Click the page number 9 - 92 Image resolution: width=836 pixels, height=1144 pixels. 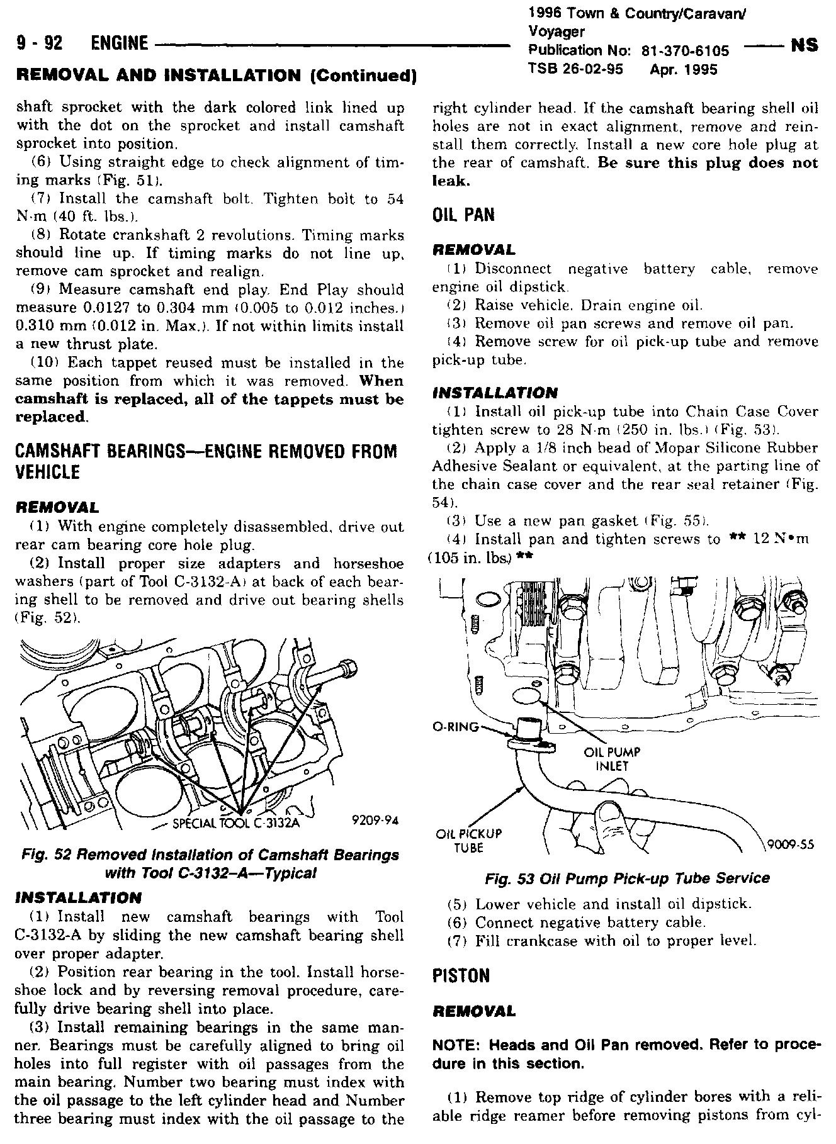[42, 43]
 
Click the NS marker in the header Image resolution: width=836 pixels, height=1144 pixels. [803, 45]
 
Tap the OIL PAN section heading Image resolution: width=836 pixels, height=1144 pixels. [463, 216]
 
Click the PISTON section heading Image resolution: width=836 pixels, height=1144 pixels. [461, 976]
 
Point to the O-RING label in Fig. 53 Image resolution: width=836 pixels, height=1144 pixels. [455, 727]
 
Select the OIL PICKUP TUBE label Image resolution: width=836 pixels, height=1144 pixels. [468, 841]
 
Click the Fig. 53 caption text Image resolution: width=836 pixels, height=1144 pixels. [627, 878]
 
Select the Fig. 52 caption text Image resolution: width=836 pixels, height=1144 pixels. [210, 864]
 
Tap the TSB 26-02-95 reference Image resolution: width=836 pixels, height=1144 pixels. [575, 69]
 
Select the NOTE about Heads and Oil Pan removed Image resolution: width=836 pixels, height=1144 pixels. [626, 1054]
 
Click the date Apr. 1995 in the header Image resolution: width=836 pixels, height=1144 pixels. [683, 69]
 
